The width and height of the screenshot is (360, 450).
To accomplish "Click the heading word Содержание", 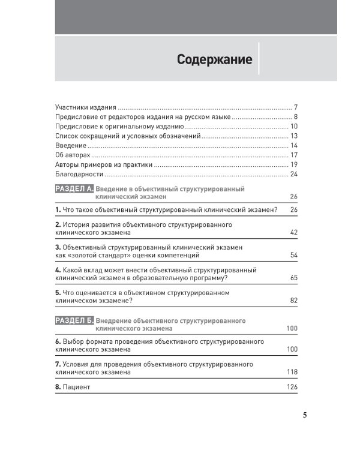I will pyautogui.click(x=214, y=60).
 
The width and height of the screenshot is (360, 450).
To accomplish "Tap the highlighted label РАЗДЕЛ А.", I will pyautogui.click(x=74, y=189).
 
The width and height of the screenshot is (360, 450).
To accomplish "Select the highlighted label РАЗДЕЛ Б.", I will pyautogui.click(x=74, y=321).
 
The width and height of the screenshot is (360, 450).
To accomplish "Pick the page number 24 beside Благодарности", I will pyautogui.click(x=294, y=174).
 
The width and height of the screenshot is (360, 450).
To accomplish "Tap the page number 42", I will pyautogui.click(x=294, y=232).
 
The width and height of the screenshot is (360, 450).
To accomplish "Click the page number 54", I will pyautogui.click(x=294, y=255).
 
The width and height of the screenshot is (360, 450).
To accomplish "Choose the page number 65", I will pyautogui.click(x=294, y=278).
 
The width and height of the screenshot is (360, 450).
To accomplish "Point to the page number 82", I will pyautogui.click(x=294, y=301).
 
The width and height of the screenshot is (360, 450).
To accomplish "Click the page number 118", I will pyautogui.click(x=292, y=372).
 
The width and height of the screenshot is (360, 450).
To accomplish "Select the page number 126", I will pyautogui.click(x=292, y=387).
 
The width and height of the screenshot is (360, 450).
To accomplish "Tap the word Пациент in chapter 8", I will pyautogui.click(x=77, y=387).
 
